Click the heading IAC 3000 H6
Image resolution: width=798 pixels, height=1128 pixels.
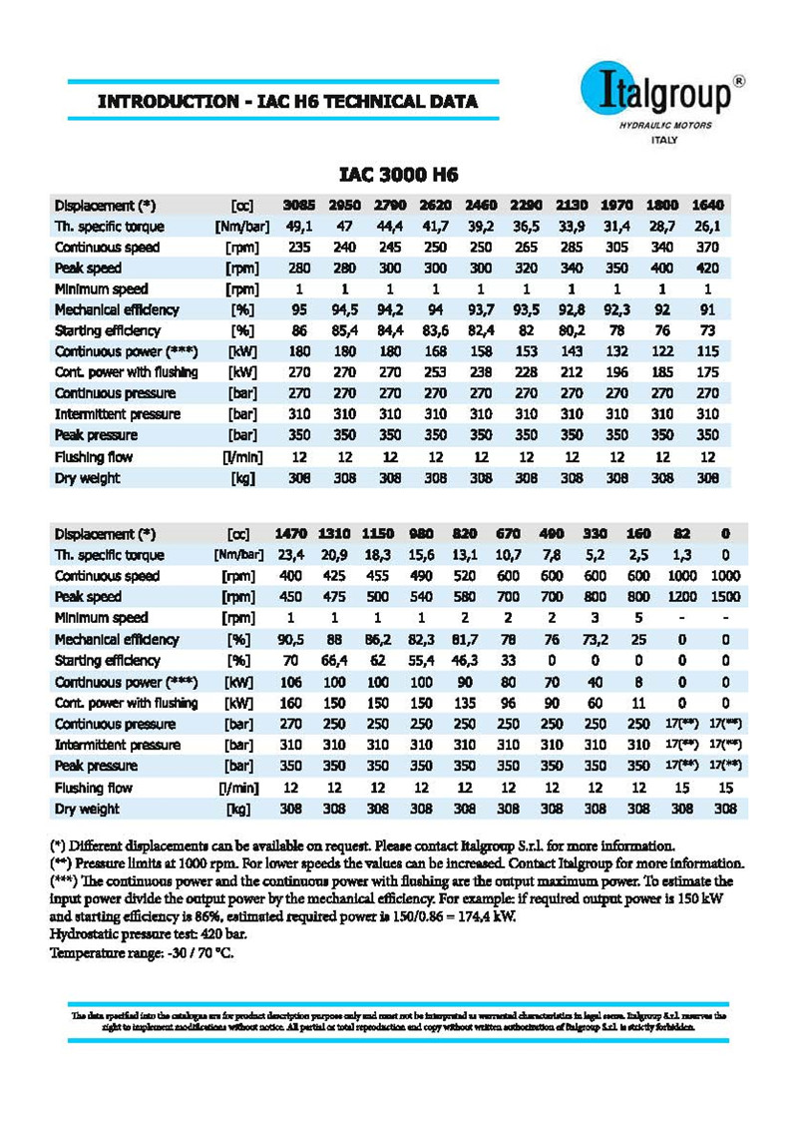pyautogui.click(x=399, y=176)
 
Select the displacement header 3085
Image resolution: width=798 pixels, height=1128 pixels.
pyautogui.click(x=299, y=206)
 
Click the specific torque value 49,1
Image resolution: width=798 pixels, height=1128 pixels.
pyautogui.click(x=299, y=227)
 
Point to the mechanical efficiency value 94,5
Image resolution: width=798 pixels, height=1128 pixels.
pyautogui.click(x=344, y=310)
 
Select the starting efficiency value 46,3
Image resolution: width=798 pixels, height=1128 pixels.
pyautogui.click(x=465, y=661)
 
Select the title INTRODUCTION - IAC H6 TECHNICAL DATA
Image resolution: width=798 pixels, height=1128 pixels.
pyautogui.click(x=287, y=102)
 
